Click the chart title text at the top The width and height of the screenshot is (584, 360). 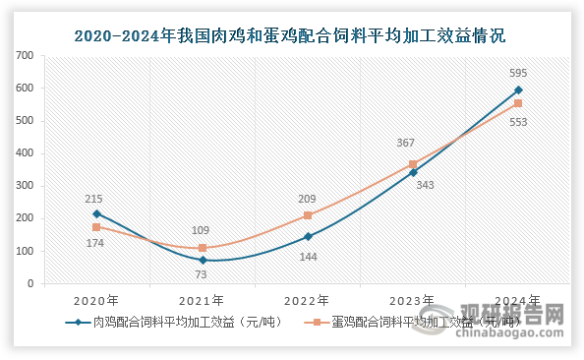click(x=291, y=37)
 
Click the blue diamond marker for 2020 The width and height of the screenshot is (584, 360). click(x=96, y=213)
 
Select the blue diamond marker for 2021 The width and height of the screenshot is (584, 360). click(x=203, y=260)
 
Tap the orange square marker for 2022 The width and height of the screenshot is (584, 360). click(x=308, y=215)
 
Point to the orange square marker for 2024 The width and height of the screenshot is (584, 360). click(x=518, y=103)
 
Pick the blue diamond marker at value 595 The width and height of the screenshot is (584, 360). click(x=518, y=90)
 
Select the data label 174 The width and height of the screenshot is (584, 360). click(x=96, y=242)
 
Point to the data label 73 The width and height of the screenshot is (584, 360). click(x=203, y=276)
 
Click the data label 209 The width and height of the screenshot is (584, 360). click(x=308, y=200)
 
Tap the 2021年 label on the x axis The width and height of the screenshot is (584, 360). click(x=203, y=299)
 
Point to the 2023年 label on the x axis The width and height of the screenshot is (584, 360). click(x=413, y=299)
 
